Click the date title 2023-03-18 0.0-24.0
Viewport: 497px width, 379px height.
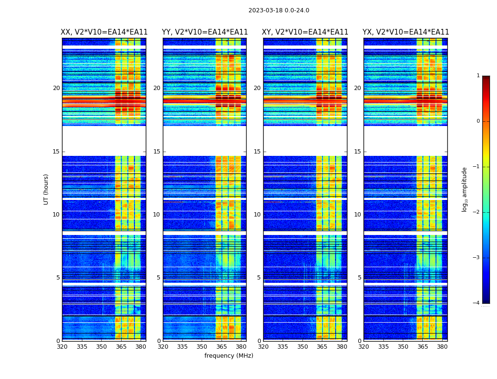[x=279, y=10]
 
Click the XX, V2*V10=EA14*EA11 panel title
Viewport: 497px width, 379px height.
[x=104, y=32]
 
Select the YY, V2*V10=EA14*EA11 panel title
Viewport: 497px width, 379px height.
[x=204, y=32]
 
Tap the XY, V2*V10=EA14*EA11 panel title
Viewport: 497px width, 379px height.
[x=305, y=32]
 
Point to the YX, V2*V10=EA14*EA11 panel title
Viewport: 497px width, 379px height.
[x=406, y=32]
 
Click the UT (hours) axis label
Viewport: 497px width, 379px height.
[x=46, y=189]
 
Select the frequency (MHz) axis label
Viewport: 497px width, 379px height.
[x=229, y=356]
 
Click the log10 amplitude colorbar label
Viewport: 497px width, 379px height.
[x=465, y=189]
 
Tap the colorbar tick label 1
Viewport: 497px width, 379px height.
[x=478, y=76]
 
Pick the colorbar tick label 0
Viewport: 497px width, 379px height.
[x=478, y=121]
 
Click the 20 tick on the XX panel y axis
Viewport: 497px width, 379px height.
[x=56, y=88]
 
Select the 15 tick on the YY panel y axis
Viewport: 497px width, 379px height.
[x=157, y=152]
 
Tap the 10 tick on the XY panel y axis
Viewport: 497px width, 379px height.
[x=257, y=215]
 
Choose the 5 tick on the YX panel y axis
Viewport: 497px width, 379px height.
[x=359, y=278]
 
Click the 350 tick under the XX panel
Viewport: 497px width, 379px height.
[x=101, y=347]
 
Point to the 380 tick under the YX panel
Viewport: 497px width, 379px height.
[x=442, y=347]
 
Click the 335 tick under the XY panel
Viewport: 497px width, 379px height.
[x=283, y=347]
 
